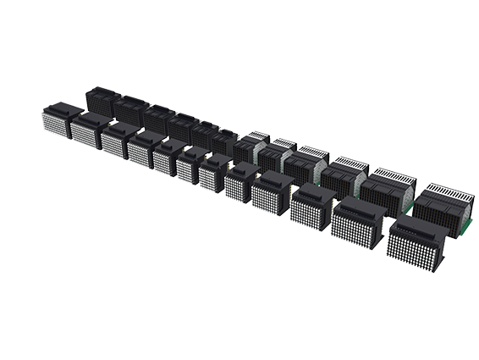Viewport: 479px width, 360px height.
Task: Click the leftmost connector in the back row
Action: pos(102,101)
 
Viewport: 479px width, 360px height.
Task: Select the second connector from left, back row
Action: pos(130,109)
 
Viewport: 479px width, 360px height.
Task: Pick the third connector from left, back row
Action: pos(157,117)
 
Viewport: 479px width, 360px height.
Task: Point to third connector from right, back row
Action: pos(344,174)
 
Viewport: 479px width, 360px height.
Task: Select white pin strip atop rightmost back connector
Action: pos(445,189)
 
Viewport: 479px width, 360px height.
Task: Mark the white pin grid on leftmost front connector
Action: pos(53,127)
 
